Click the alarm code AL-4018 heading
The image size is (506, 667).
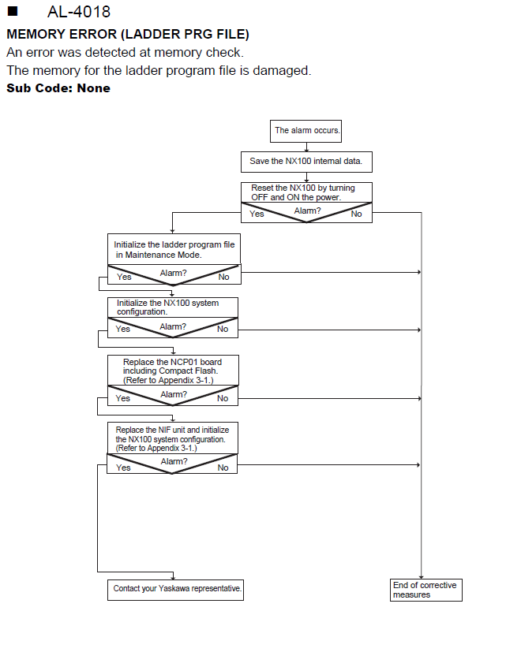79,12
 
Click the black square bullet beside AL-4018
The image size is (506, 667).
13,11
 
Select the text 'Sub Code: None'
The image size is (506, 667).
58,88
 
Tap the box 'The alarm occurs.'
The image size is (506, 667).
305,131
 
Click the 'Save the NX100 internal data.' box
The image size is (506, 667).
306,162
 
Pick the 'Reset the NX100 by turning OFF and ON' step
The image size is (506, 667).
306,192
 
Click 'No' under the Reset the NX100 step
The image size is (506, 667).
356,214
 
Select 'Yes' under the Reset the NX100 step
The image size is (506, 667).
257,214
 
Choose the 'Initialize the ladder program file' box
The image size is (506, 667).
174,249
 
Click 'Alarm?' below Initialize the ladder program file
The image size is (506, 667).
174,273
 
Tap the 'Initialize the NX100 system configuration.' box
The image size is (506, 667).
173,307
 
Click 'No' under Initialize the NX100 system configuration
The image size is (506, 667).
223,329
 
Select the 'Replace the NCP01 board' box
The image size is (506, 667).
173,371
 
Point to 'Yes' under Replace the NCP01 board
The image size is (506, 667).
122,399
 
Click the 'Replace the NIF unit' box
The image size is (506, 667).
172,438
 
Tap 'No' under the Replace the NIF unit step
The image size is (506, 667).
223,468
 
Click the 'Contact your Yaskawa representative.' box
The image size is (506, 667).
175,590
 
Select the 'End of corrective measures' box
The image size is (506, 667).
426,590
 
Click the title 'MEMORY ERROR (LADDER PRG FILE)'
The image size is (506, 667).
128,34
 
